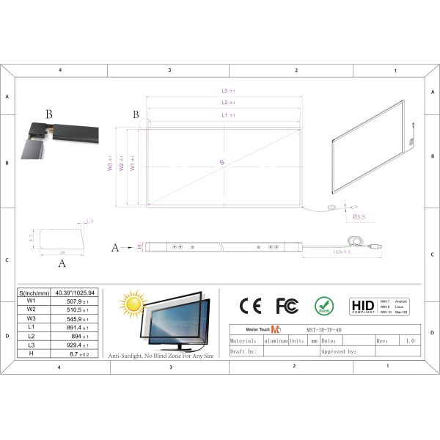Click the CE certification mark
click(251, 305)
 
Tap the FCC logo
click(287, 305)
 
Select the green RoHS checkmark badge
click(324, 305)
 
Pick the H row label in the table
click(32, 353)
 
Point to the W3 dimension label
click(110, 167)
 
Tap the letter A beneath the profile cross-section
click(62, 262)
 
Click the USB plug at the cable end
click(375, 246)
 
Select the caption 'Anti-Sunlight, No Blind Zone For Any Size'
click(161, 356)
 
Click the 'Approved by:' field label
click(338, 351)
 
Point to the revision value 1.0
click(409, 341)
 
